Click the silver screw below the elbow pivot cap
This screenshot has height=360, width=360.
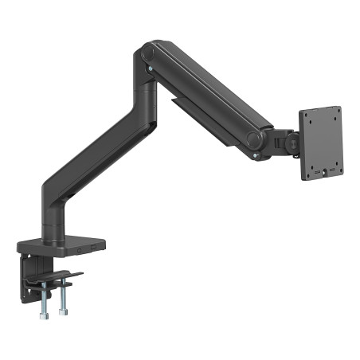coord(151,75)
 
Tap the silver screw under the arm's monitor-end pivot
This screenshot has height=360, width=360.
coord(254,157)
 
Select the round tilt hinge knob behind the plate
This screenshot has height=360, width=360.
coord(292,143)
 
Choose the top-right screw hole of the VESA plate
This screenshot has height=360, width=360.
coord(335,111)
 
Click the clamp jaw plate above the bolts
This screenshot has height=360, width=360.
coord(61,278)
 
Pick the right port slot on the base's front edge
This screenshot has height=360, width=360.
coord(94,251)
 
